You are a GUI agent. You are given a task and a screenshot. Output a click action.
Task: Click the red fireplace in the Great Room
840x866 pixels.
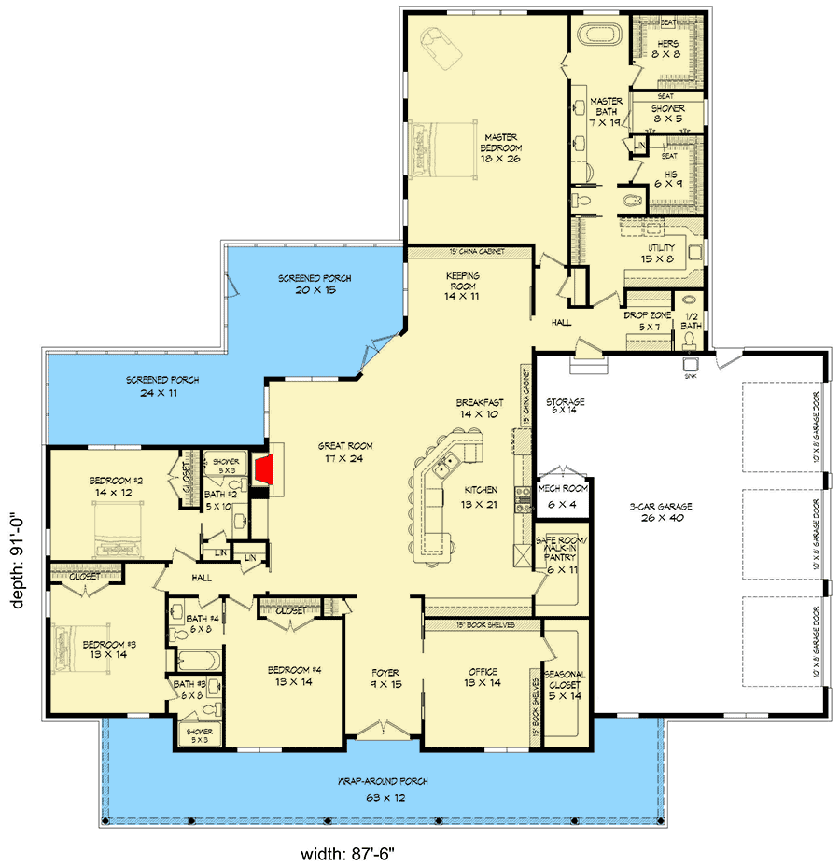[x=267, y=472]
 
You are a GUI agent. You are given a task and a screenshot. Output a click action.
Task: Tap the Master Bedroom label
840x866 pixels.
[x=500, y=147]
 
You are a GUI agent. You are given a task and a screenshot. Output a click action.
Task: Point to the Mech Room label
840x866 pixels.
[x=563, y=495]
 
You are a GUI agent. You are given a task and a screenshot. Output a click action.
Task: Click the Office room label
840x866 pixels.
[x=483, y=677]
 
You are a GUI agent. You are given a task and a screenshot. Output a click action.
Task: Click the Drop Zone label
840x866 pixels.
[x=648, y=321]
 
